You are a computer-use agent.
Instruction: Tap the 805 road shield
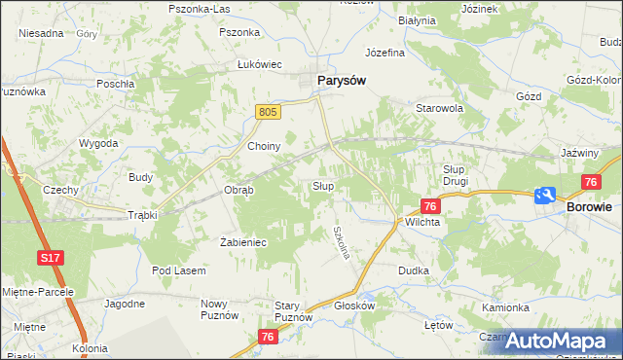point(270,113)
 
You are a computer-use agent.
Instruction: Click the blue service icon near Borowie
point(545,195)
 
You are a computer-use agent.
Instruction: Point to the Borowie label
point(589,207)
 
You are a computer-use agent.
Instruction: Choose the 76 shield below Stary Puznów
point(270,337)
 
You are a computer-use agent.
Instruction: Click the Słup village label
point(323,185)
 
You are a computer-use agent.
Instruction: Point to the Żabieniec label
point(243,242)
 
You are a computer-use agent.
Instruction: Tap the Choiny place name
point(265,146)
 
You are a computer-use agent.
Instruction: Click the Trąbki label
point(143,215)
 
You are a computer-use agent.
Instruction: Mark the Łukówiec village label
point(260,64)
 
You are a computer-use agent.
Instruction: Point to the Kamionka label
point(505,306)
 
